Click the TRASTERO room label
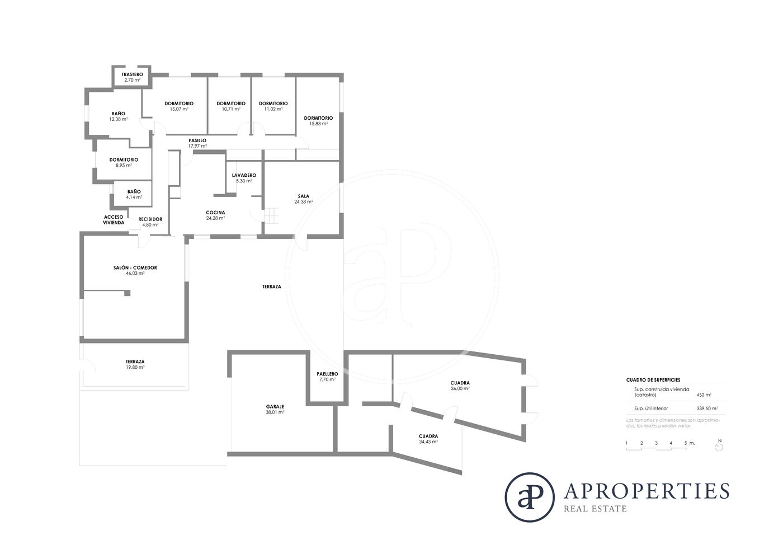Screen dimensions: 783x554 (x=132, y=74)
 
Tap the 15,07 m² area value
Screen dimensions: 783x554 (x=179, y=109)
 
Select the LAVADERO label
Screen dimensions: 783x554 (x=244, y=175)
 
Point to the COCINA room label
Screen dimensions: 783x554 (x=215, y=212)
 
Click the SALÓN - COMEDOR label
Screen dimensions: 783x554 (x=135, y=267)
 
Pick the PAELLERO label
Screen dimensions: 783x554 (x=327, y=374)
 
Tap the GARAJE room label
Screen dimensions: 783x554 (x=275, y=406)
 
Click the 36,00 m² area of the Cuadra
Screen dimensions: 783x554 (x=460, y=388)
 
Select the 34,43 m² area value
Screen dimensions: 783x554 (x=428, y=442)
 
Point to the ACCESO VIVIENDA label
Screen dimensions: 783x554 (x=114, y=219)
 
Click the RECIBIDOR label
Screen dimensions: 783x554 (x=150, y=219)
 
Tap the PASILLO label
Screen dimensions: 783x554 (x=197, y=140)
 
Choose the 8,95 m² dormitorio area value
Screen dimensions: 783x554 (x=124, y=166)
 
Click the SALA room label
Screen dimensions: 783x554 (x=303, y=196)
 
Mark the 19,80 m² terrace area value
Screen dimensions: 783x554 (x=135, y=367)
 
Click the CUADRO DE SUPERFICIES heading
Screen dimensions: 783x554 (x=653, y=380)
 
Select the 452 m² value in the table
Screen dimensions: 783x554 (x=704, y=395)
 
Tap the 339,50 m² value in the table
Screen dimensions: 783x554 (x=707, y=409)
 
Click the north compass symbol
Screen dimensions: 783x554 (x=719, y=445)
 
